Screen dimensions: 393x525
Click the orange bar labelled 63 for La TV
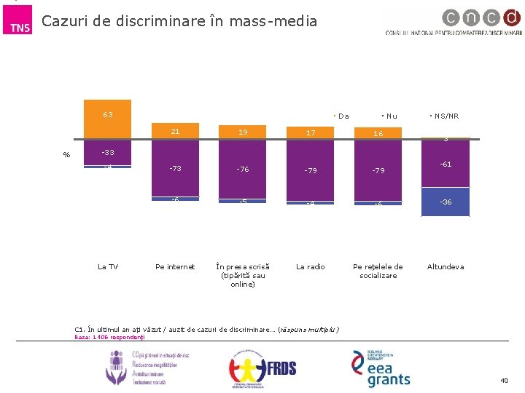pyautogui.click(x=107, y=119)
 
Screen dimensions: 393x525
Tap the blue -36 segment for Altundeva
pyautogui.click(x=446, y=202)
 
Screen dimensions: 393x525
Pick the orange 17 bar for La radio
pyautogui.click(x=311, y=132)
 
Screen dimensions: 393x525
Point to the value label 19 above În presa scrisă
pyautogui.click(x=243, y=132)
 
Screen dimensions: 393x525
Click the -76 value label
pyautogui.click(x=243, y=170)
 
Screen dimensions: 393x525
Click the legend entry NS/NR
pyautogui.click(x=446, y=116)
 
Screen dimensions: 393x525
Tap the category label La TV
pyautogui.click(x=107, y=267)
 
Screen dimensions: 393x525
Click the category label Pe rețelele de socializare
pyautogui.click(x=378, y=271)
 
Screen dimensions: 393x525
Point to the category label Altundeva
pyautogui.click(x=446, y=267)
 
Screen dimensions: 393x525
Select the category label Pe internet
pyautogui.click(x=175, y=267)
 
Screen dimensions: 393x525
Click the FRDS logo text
pyautogui.click(x=281, y=368)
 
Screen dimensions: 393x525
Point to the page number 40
pyautogui.click(x=504, y=381)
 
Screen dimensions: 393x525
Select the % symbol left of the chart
pyautogui.click(x=66, y=154)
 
